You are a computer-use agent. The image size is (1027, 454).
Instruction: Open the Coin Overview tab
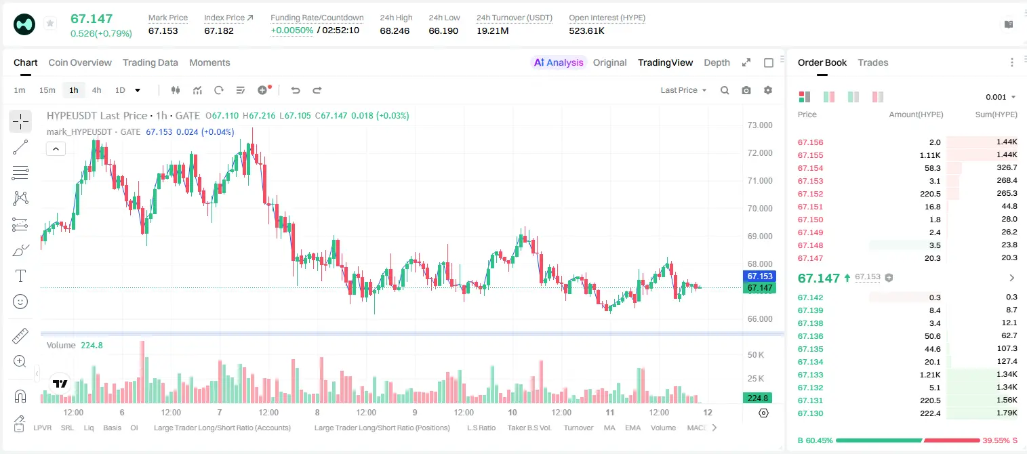click(x=80, y=62)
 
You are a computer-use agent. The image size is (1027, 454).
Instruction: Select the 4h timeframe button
click(x=96, y=90)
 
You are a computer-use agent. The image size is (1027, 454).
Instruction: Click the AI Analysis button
click(x=559, y=62)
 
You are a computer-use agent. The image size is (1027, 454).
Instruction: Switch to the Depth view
click(x=717, y=62)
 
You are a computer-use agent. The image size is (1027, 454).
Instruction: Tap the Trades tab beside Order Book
click(x=873, y=62)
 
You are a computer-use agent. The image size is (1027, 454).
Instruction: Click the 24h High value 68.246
click(x=395, y=30)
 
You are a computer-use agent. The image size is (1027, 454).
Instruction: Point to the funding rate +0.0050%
click(x=292, y=30)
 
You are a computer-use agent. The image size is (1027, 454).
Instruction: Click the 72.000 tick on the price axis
click(x=760, y=153)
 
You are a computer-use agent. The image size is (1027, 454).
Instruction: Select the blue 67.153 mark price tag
click(x=760, y=276)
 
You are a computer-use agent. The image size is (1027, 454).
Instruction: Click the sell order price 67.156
click(x=810, y=142)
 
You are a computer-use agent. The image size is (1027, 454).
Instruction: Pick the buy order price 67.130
click(x=810, y=413)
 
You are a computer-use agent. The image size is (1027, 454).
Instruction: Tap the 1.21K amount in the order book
click(x=930, y=375)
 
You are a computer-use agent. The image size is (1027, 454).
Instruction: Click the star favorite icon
click(x=50, y=23)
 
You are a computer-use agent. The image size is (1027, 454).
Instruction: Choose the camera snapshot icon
click(x=746, y=90)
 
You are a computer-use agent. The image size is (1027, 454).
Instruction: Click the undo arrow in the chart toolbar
click(x=296, y=90)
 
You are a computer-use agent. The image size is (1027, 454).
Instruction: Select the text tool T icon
click(x=20, y=276)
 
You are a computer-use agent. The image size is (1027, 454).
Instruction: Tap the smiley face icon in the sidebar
click(x=20, y=302)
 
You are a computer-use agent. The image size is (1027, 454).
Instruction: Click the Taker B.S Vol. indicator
click(x=529, y=428)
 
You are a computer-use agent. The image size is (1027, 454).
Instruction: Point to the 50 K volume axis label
click(x=756, y=355)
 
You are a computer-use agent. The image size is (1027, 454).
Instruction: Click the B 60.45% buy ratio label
click(x=815, y=440)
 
